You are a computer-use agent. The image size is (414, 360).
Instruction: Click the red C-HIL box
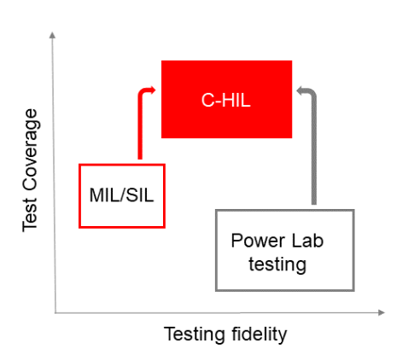tap(226, 99)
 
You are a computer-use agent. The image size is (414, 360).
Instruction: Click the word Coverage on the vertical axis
tap(30, 149)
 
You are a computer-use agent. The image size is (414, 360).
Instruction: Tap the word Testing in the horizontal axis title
tap(195, 334)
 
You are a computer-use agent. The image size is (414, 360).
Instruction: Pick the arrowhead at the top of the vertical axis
tap(52, 35)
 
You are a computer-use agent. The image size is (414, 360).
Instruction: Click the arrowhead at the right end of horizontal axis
tap(382, 312)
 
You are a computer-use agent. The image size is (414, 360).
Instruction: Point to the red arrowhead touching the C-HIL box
tap(153, 90)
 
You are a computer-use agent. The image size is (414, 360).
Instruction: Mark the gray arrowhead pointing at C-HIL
tap(300, 90)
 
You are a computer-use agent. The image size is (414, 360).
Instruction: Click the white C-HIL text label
tap(226, 101)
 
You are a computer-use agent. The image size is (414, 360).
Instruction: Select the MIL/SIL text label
tap(121, 195)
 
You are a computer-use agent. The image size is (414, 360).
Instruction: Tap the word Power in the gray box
tap(254, 241)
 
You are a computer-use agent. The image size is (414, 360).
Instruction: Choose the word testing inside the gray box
tap(277, 264)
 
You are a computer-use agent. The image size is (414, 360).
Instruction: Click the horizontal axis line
tap(219, 313)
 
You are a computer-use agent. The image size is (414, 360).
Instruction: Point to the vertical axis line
tap(54, 172)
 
